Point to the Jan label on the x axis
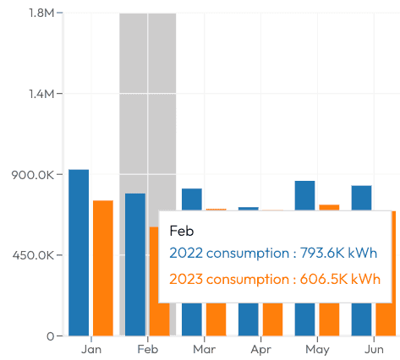pos(90,349)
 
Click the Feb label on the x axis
pos(147,349)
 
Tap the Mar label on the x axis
pos(204,349)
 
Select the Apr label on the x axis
pos(260,349)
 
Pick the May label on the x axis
pos(317,349)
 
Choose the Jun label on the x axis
pos(373,349)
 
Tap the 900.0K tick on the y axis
pos(34,175)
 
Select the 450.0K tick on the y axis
pos(34,255)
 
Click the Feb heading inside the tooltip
pos(182,230)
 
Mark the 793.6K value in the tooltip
pos(332,253)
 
